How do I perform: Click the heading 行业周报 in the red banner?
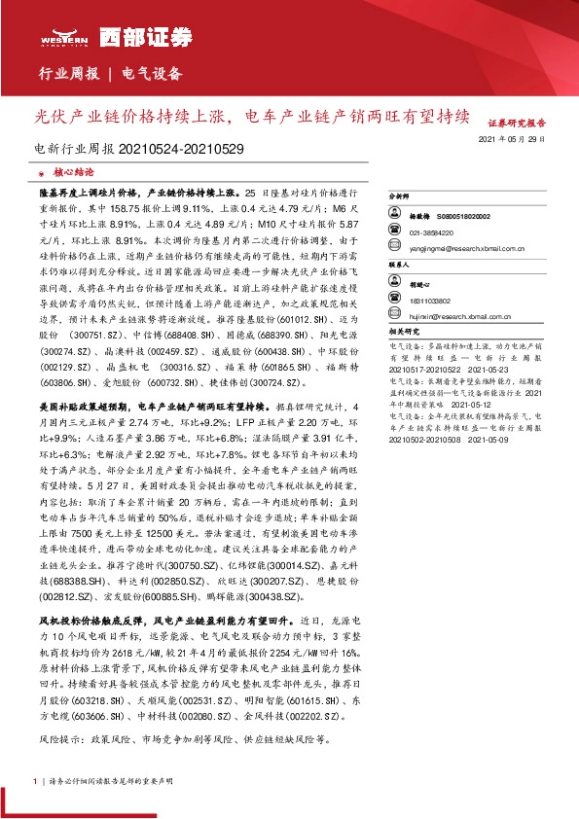pyautogui.click(x=67, y=74)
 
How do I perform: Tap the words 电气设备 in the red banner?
pyautogui.click(x=151, y=74)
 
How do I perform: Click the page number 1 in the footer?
pyautogui.click(x=35, y=780)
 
